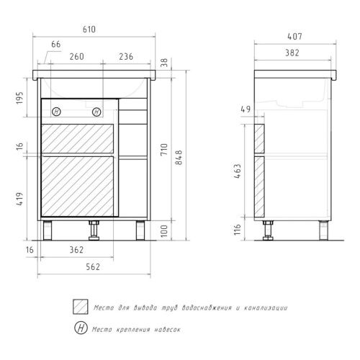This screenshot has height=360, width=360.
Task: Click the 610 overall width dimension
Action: tap(89, 30)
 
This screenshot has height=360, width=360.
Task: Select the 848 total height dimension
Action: tap(179, 158)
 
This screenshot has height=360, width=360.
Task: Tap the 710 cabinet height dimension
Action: tap(164, 149)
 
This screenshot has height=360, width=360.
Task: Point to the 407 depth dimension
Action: tap(294, 37)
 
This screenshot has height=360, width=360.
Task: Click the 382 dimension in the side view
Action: tap(292, 53)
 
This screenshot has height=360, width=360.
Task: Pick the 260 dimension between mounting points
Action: tap(77, 57)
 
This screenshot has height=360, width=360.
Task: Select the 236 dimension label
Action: tap(126, 57)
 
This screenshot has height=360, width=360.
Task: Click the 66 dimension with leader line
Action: tap(56, 45)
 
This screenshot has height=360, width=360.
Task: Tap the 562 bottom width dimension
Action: tap(93, 266)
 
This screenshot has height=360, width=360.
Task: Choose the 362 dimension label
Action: tap(76, 250)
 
